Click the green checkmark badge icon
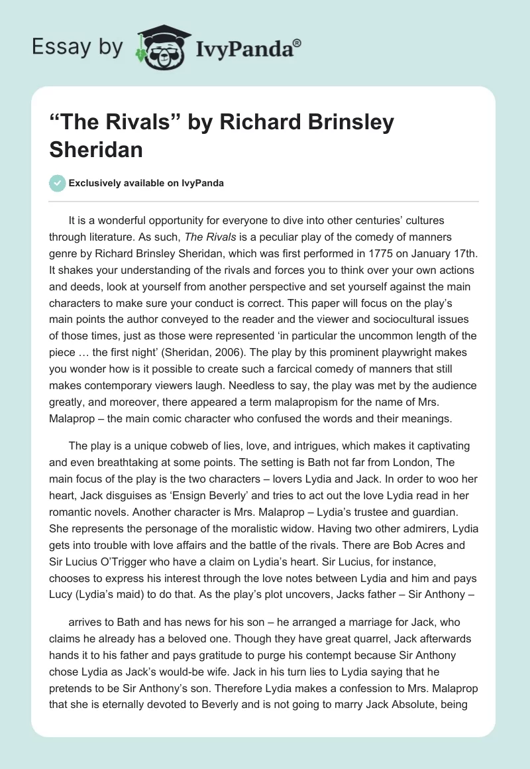58,183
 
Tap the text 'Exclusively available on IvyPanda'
146,184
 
